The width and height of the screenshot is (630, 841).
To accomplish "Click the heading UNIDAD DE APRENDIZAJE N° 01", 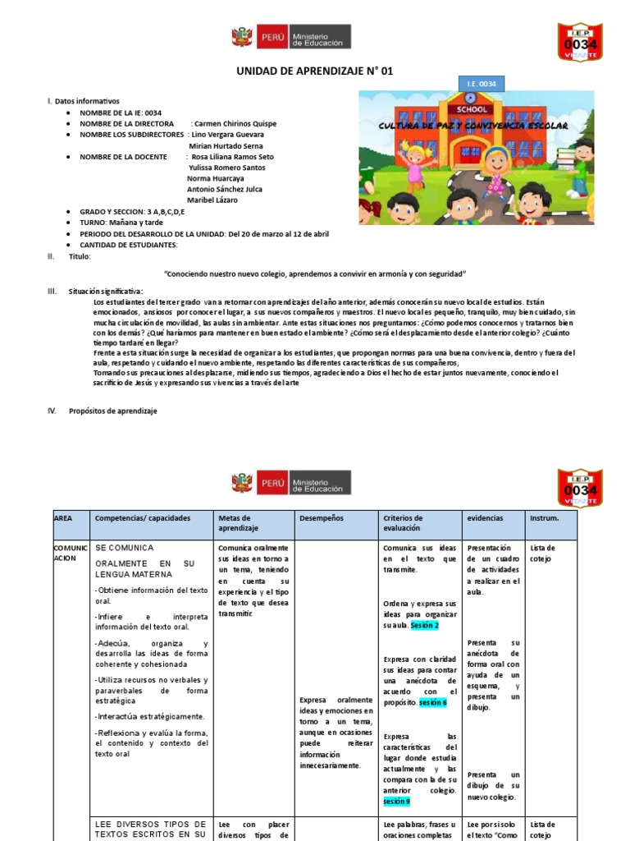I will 315,71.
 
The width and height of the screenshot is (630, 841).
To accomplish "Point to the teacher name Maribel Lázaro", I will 212,200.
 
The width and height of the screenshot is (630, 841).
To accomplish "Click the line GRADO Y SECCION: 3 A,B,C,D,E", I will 131,211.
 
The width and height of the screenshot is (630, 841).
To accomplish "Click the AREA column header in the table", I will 63,519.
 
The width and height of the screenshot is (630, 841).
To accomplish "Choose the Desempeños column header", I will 322,519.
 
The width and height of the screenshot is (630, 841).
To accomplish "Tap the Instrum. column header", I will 545,519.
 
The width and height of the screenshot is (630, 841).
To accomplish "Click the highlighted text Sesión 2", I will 425,625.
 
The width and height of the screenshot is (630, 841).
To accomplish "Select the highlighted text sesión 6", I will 432,703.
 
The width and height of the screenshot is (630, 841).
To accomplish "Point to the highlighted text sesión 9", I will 396,801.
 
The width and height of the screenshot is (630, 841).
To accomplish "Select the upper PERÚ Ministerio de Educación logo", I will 291,37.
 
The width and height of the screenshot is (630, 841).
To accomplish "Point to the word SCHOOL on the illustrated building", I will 472,108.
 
